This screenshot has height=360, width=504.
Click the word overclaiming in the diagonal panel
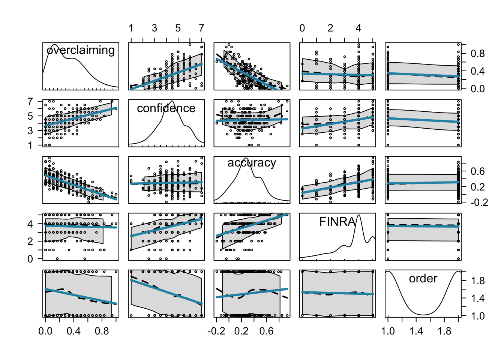click(x=81, y=50)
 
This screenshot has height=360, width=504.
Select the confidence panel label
click(x=166, y=108)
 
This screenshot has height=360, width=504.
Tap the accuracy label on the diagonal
click(x=252, y=163)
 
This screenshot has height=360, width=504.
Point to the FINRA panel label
click(x=337, y=222)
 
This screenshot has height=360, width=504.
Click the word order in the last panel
click(x=423, y=279)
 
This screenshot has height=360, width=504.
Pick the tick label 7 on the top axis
click(x=202, y=28)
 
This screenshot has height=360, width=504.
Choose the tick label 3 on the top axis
click(x=154, y=28)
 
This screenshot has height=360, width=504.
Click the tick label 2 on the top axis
click(x=330, y=28)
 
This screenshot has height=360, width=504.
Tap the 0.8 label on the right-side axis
click(x=478, y=54)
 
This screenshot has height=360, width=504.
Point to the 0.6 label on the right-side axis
click(x=478, y=171)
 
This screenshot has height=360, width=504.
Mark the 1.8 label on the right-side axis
click(x=478, y=281)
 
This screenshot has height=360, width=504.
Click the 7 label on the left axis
click(x=30, y=102)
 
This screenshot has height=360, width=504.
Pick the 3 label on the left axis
click(x=30, y=131)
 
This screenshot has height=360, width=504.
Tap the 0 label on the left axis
click(x=30, y=259)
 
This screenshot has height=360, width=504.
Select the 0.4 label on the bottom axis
click(x=73, y=331)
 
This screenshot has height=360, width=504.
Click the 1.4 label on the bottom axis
click(x=416, y=331)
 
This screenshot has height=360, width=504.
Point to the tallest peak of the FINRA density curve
click(x=359, y=215)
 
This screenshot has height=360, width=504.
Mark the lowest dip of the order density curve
click(x=423, y=315)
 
